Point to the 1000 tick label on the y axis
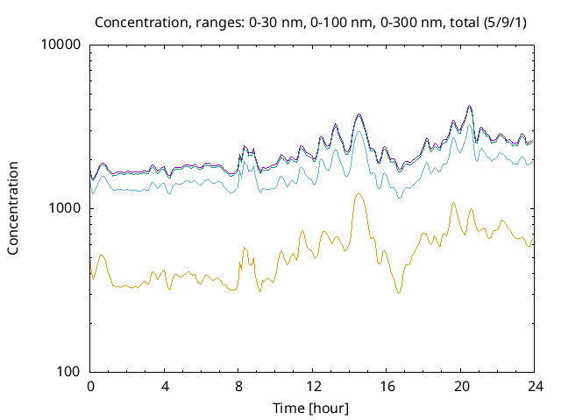coord(66,208)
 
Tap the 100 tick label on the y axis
coord(69,372)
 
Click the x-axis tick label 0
coord(90,386)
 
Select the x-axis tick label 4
coord(165,386)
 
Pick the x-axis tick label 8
coord(238,386)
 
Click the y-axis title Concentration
coord(13,208)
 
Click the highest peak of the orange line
coord(359,194)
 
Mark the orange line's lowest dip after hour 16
coord(399,293)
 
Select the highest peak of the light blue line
coord(470,124)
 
